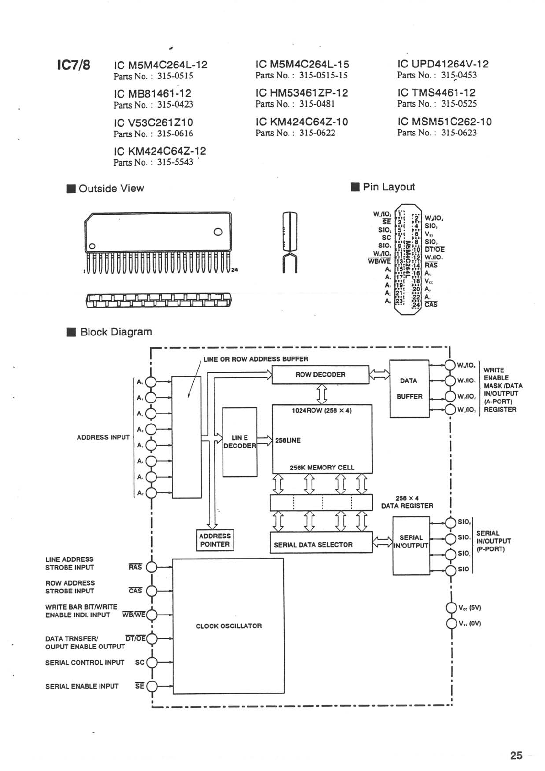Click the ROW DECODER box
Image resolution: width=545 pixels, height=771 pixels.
pos(320,375)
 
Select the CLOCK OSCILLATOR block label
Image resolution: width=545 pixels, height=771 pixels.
pos(229,626)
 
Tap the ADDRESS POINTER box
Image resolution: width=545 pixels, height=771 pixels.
pos(215,540)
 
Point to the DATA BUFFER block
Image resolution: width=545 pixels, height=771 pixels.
pos(409,389)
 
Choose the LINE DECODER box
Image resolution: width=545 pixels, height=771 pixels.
pos(239,442)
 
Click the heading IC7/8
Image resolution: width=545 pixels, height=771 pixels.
pos(73,65)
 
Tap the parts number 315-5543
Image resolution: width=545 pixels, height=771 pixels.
pos(175,163)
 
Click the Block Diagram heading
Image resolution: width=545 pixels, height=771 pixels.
pos(116,332)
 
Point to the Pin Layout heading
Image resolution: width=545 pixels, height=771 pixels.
pos(388,187)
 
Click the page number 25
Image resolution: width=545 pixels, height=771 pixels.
pos(516,756)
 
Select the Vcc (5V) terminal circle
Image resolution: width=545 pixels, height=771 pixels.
pos(452,608)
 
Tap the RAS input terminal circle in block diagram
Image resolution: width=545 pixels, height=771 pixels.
pos(151,567)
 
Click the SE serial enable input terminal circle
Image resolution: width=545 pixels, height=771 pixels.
pos(151,686)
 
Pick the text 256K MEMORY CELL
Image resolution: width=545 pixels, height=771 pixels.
pos(322,467)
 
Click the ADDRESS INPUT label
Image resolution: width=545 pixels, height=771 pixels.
pos(103,437)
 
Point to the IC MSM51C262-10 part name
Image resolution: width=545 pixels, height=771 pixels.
pos(444,122)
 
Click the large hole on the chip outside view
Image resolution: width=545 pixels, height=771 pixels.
pos(218,232)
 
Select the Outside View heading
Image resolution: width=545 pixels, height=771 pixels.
pos(111,189)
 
